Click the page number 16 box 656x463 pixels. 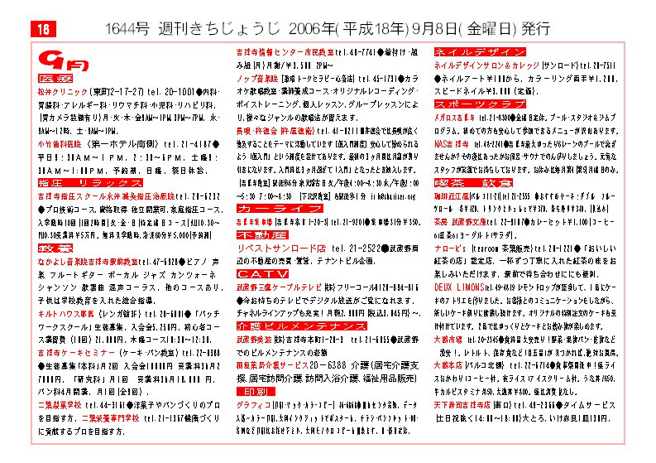[43, 28]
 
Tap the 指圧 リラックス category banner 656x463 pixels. [90, 182]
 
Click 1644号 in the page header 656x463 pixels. [127, 28]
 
